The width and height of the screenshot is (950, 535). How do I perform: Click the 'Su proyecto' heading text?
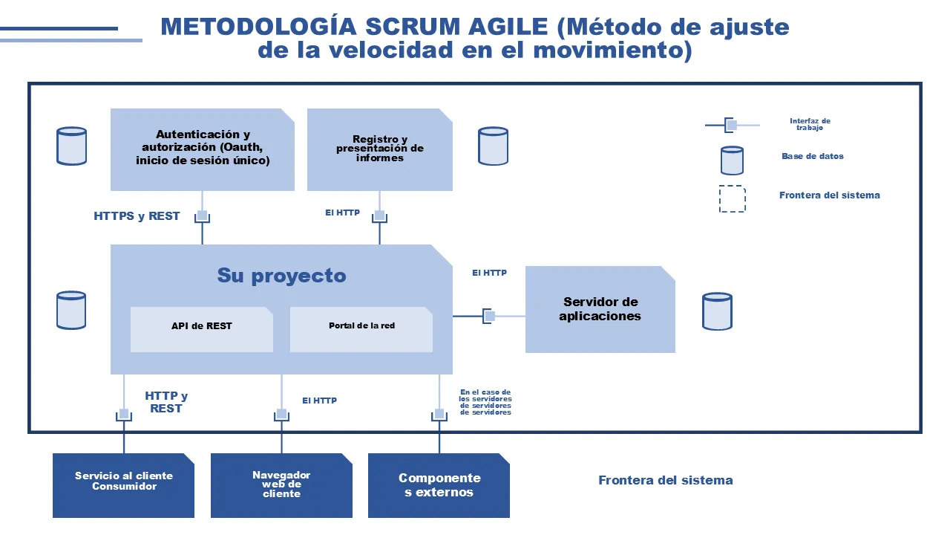[281, 276]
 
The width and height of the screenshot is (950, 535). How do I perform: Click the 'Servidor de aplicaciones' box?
[600, 309]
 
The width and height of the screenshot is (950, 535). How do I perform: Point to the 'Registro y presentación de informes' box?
[379, 149]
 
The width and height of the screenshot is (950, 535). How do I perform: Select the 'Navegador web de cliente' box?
[281, 485]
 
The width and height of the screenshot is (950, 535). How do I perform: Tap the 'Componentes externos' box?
[439, 485]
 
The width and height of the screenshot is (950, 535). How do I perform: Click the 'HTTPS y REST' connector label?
[137, 216]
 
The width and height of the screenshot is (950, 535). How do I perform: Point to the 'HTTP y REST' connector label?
[166, 402]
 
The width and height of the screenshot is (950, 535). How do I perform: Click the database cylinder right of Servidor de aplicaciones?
[717, 311]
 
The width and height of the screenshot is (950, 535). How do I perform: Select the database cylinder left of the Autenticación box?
[71, 146]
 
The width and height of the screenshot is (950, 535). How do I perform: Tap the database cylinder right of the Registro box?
[493, 146]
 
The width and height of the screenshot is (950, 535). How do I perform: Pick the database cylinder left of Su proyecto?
[71, 310]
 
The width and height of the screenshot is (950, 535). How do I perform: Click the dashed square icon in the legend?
[732, 199]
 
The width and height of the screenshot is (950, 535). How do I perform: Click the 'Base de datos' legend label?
[812, 156]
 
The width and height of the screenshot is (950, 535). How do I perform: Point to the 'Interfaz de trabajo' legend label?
[810, 124]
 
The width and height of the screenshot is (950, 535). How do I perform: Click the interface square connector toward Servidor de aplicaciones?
[489, 316]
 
